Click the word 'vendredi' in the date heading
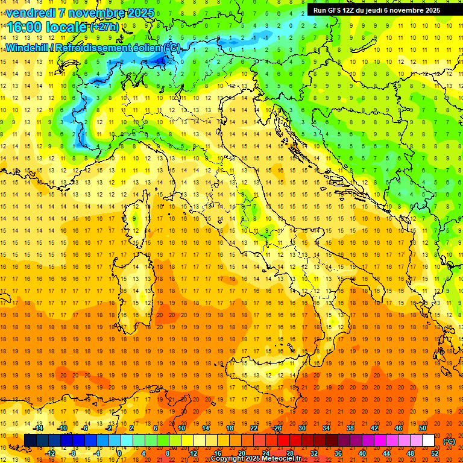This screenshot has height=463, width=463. click(28, 13)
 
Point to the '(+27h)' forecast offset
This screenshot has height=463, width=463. click(104, 27)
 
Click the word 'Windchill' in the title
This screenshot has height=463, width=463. click(28, 48)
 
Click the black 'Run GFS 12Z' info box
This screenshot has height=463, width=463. click(376, 10)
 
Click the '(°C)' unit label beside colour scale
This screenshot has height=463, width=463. click(449, 441)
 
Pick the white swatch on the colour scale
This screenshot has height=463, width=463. click(428, 441)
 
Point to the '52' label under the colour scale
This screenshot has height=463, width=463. click(435, 453)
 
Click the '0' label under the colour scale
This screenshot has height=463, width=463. click(119, 453)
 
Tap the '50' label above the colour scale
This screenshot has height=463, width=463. click(423, 428)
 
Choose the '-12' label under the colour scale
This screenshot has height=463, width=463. click(50, 453)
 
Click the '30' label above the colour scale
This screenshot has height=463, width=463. click(301, 428)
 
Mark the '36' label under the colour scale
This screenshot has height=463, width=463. click(338, 453)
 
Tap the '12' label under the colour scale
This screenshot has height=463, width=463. click(193, 453)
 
